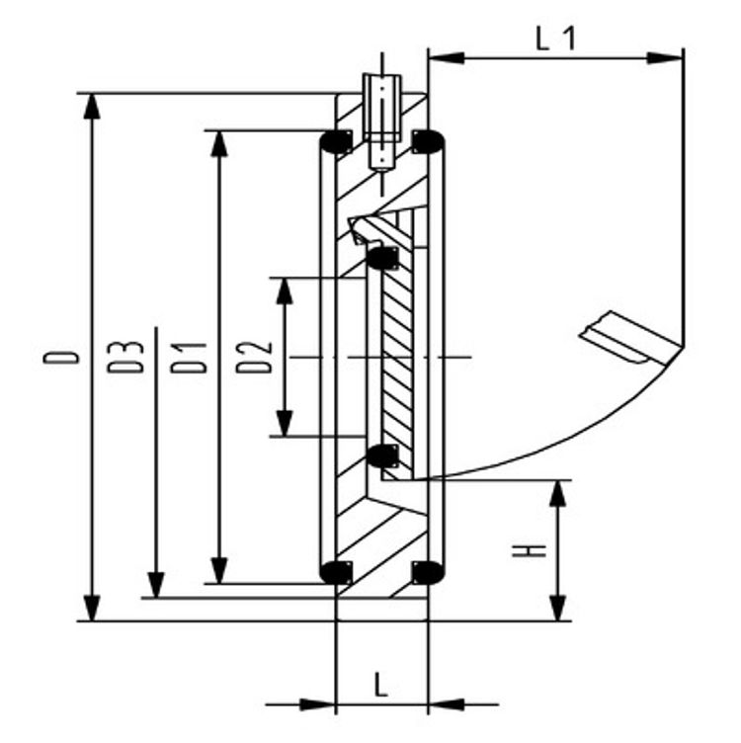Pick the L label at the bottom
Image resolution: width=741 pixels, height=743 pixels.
tap(381, 683)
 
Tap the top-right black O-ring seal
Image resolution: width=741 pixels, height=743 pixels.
tap(427, 142)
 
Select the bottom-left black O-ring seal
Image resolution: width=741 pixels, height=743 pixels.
tap(336, 571)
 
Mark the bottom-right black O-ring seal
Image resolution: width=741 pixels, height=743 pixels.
tap(427, 571)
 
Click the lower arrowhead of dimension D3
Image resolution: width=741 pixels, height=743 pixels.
tap(155, 584)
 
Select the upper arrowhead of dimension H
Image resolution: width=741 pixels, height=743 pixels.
tap(558, 492)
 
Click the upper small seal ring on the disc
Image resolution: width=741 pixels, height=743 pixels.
tap(381, 259)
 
